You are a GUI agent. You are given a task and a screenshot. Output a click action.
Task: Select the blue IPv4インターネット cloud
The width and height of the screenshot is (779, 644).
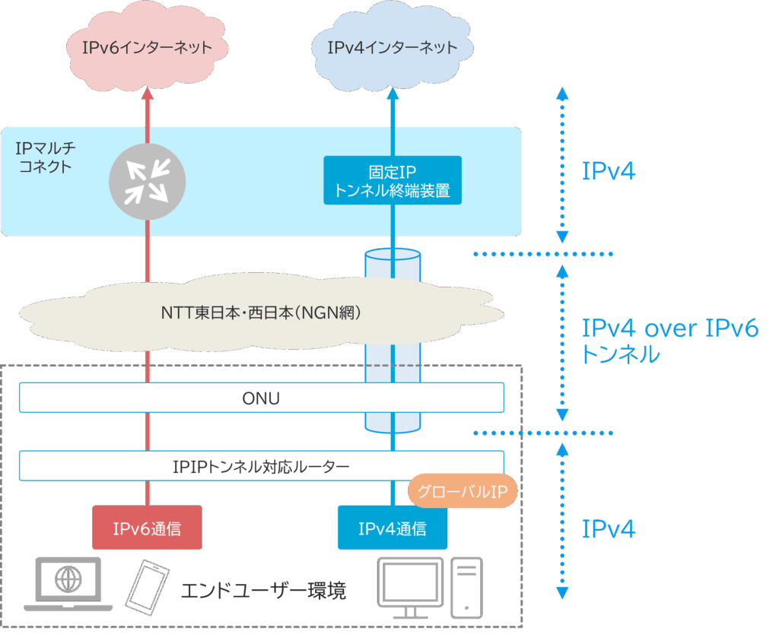click(393, 48)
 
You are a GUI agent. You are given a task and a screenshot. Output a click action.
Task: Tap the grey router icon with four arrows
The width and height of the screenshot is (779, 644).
click(147, 181)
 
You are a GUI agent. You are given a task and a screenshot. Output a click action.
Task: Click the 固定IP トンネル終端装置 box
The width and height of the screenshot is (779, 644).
click(393, 180)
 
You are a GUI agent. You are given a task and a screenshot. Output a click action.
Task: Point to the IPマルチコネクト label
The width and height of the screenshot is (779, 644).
click(46, 156)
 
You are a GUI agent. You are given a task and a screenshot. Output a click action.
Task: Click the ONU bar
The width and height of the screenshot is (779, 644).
click(262, 398)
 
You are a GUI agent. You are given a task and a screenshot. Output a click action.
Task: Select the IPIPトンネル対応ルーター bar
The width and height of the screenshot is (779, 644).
click(262, 466)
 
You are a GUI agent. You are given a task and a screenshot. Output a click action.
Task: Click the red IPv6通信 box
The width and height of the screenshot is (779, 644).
click(147, 528)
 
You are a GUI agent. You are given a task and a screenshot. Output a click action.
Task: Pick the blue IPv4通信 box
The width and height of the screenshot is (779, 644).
click(393, 528)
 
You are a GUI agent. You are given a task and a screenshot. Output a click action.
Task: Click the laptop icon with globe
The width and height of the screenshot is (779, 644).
click(68, 584)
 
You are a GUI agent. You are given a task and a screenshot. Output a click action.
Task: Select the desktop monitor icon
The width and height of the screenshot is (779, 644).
click(411, 587)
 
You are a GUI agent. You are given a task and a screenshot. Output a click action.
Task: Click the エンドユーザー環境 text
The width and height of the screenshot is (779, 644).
click(263, 591)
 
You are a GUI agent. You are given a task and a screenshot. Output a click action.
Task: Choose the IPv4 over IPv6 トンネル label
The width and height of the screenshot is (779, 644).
click(669, 341)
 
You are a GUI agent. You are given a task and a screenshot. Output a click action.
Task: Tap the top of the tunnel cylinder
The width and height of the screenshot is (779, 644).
click(393, 254)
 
